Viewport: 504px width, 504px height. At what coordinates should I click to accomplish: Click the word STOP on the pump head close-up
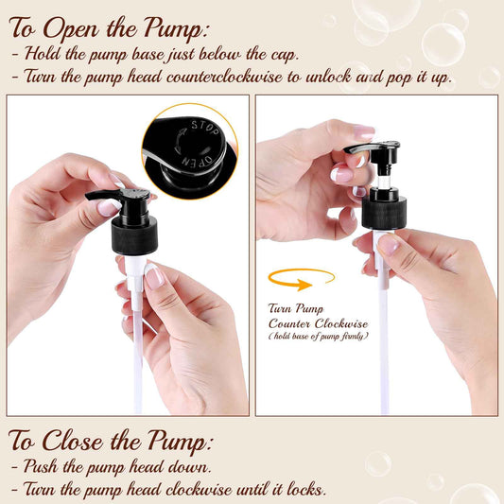point(205,128)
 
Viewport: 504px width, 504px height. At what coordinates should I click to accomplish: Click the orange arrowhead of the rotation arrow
point(304,285)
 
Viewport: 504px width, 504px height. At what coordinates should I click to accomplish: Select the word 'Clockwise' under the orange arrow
point(341,323)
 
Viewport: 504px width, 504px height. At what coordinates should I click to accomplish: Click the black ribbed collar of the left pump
point(134,235)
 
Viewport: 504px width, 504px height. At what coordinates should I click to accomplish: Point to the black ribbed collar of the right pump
point(384,213)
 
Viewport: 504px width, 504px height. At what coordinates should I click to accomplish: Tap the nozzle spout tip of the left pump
point(88,196)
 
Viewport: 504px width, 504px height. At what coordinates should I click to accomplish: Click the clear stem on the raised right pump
point(384,182)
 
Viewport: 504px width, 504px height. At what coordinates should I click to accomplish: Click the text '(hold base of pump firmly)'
point(319,337)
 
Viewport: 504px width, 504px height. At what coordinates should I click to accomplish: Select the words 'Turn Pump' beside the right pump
point(296,308)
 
